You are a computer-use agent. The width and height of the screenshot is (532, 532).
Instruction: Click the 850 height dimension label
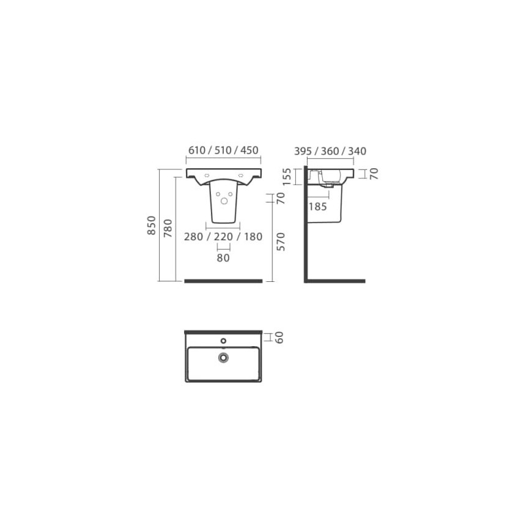152,225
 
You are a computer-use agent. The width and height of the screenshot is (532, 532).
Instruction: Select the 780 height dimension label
168,228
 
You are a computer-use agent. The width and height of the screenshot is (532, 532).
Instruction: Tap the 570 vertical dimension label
281,242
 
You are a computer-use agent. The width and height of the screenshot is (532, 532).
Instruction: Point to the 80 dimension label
223,258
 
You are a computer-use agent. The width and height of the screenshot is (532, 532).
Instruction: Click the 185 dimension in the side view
317,206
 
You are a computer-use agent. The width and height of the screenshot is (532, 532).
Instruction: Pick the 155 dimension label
287,177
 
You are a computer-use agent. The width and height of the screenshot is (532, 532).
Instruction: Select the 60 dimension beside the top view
279,338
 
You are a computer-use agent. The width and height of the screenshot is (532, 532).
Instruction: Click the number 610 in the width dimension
197,150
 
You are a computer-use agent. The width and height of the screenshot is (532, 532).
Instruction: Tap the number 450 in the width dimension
249,150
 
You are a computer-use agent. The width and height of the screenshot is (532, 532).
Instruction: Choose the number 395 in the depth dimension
303,151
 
